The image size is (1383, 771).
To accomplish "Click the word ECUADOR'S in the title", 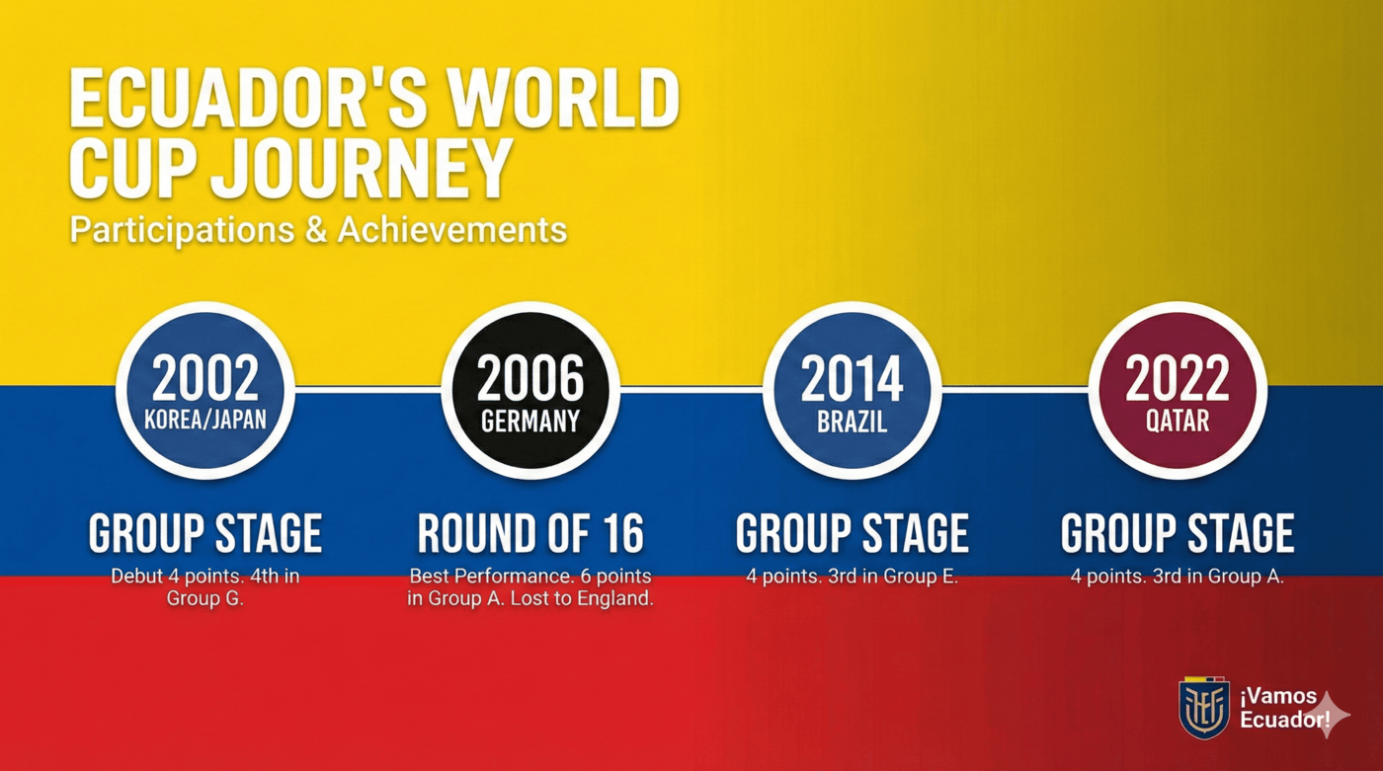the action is [248, 98].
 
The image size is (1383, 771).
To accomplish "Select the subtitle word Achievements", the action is [452, 229].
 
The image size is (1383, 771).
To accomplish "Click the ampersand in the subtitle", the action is [315, 229].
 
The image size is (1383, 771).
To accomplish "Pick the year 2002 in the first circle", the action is [205, 378].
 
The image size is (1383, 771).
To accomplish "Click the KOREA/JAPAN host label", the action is [205, 420].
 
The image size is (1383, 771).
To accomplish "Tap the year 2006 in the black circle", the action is [530, 378].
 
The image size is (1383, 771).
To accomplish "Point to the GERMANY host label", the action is [530, 422].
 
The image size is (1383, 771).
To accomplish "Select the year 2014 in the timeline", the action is [852, 378].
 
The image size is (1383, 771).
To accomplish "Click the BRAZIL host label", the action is [852, 422].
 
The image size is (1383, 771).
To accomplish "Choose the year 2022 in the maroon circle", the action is [1178, 378].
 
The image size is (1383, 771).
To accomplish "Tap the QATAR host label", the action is [1178, 421].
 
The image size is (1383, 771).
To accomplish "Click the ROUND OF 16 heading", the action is [530, 533].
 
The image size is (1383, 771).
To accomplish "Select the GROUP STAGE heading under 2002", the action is [205, 533].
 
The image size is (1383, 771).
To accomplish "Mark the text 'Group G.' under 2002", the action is [205, 598].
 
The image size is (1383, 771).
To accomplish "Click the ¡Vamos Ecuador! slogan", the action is [1284, 708].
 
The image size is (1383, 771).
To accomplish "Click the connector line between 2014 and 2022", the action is [1016, 390].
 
